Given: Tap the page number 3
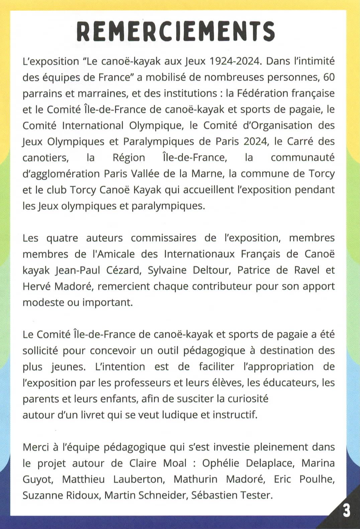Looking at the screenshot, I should click(x=347, y=511).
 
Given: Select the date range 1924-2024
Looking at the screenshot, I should click(x=234, y=61).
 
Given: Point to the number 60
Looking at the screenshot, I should click(x=329, y=77).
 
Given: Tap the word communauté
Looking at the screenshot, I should click(x=302, y=157).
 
